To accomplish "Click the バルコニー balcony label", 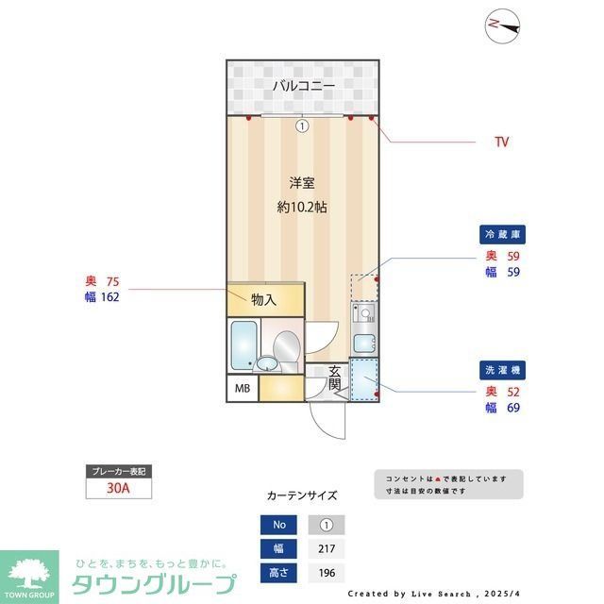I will (x=303, y=87).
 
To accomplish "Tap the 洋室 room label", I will (x=302, y=183).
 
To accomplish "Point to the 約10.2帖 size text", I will (x=302, y=207).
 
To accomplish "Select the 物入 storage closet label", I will (x=264, y=300).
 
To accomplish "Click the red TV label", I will (x=502, y=143).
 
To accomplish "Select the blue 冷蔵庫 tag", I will (x=502, y=233).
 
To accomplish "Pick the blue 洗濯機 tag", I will (x=502, y=371).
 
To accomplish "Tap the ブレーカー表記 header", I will (x=117, y=471).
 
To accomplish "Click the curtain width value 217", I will (x=327, y=549).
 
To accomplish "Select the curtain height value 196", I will (x=327, y=572).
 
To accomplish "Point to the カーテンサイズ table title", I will (x=302, y=495).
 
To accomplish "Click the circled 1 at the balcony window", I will (x=302, y=126).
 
